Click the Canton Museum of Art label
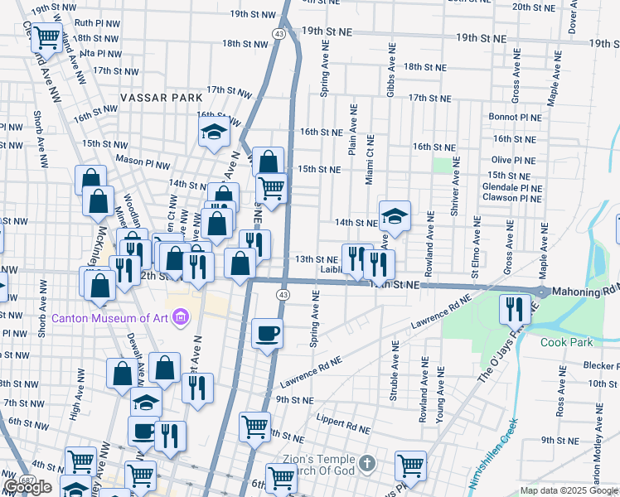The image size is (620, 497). click(111, 318)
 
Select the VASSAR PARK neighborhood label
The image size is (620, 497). click(161, 98)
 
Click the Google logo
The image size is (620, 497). click(27, 487)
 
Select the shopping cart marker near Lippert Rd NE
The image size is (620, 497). click(254, 427)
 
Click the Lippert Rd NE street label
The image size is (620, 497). click(343, 427)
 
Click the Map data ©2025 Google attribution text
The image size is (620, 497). click(567, 490)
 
